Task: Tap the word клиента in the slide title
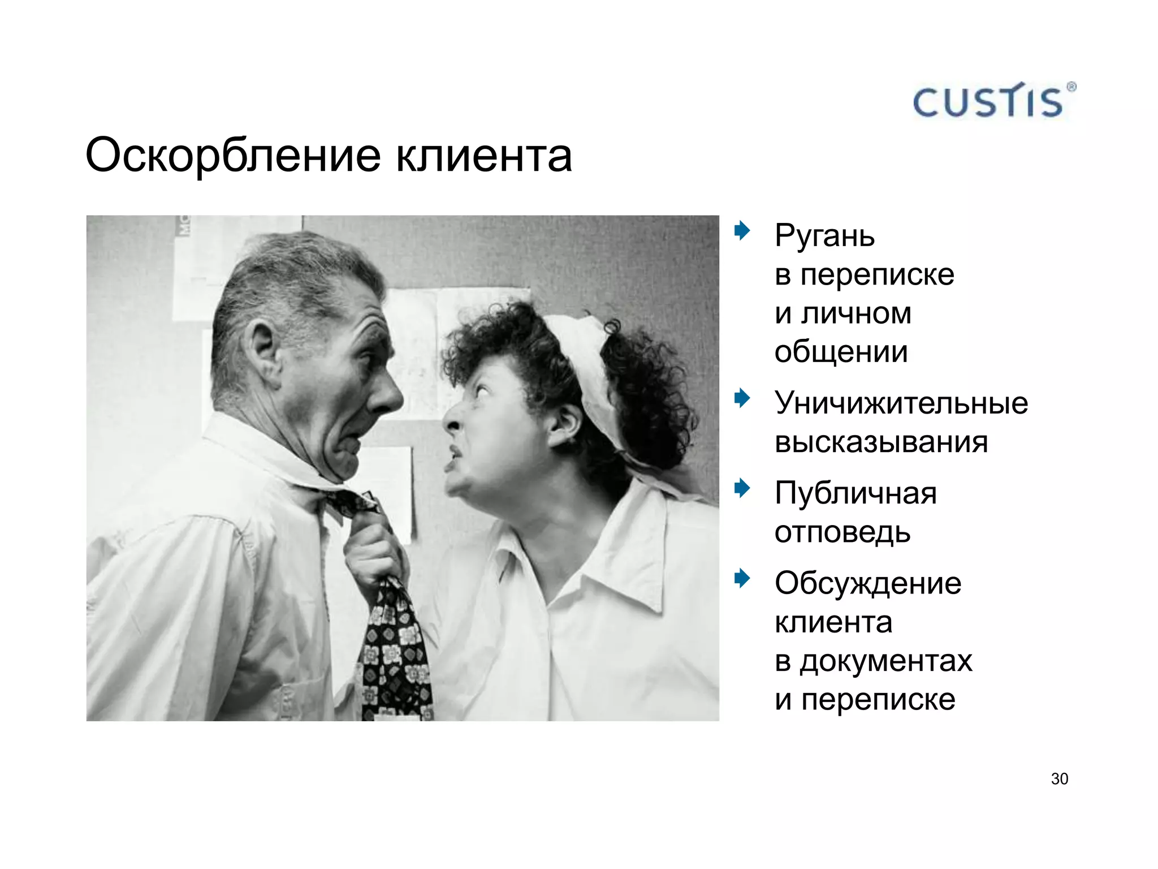(x=484, y=156)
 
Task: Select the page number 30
(x=1059, y=779)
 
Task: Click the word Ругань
(x=824, y=236)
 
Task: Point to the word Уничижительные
(x=901, y=403)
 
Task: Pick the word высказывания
(x=881, y=442)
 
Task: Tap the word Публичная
(x=855, y=493)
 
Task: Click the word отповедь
(x=842, y=532)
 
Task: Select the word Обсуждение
(x=868, y=583)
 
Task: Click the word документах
(x=886, y=661)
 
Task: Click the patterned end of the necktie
(x=396, y=656)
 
